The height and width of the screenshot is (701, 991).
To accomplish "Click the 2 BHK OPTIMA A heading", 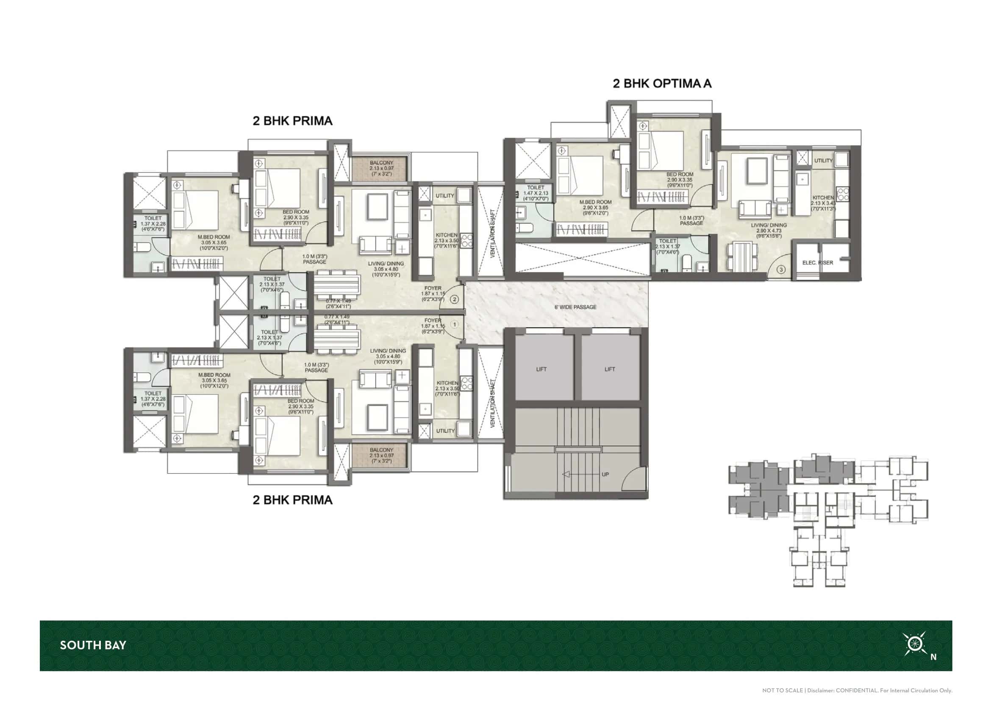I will click(x=662, y=84).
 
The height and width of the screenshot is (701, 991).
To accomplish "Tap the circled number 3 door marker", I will click(x=781, y=270).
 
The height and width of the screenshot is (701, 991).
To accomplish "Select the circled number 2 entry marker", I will click(x=454, y=299).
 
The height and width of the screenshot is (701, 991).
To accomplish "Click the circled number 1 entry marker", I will click(x=454, y=324).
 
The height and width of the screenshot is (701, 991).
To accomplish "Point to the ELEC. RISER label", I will click(x=817, y=262).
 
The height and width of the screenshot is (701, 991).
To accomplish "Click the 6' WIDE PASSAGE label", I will click(x=575, y=307).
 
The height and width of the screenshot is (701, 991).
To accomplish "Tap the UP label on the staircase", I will click(x=605, y=474).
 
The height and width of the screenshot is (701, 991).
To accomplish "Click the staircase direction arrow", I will click(x=578, y=474).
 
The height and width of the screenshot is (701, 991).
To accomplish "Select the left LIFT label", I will click(x=541, y=369).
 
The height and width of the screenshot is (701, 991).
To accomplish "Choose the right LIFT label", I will click(x=609, y=369).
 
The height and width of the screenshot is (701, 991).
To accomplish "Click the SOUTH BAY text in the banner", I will click(x=93, y=645).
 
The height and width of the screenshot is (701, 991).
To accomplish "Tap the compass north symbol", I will click(x=914, y=644).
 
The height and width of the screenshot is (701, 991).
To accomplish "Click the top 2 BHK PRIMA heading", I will click(x=293, y=121).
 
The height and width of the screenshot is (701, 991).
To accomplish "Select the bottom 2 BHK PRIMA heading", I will click(x=293, y=500).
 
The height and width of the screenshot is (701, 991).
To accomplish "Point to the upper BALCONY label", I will click(x=381, y=163).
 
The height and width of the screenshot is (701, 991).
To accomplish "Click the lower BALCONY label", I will click(x=381, y=450).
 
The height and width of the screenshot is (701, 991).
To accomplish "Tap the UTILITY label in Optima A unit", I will click(x=823, y=161).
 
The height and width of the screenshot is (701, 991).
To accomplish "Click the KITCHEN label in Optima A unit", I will click(x=823, y=198).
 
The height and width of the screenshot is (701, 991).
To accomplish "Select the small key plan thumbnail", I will click(x=828, y=520).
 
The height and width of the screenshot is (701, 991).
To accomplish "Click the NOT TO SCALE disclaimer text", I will click(x=857, y=691).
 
